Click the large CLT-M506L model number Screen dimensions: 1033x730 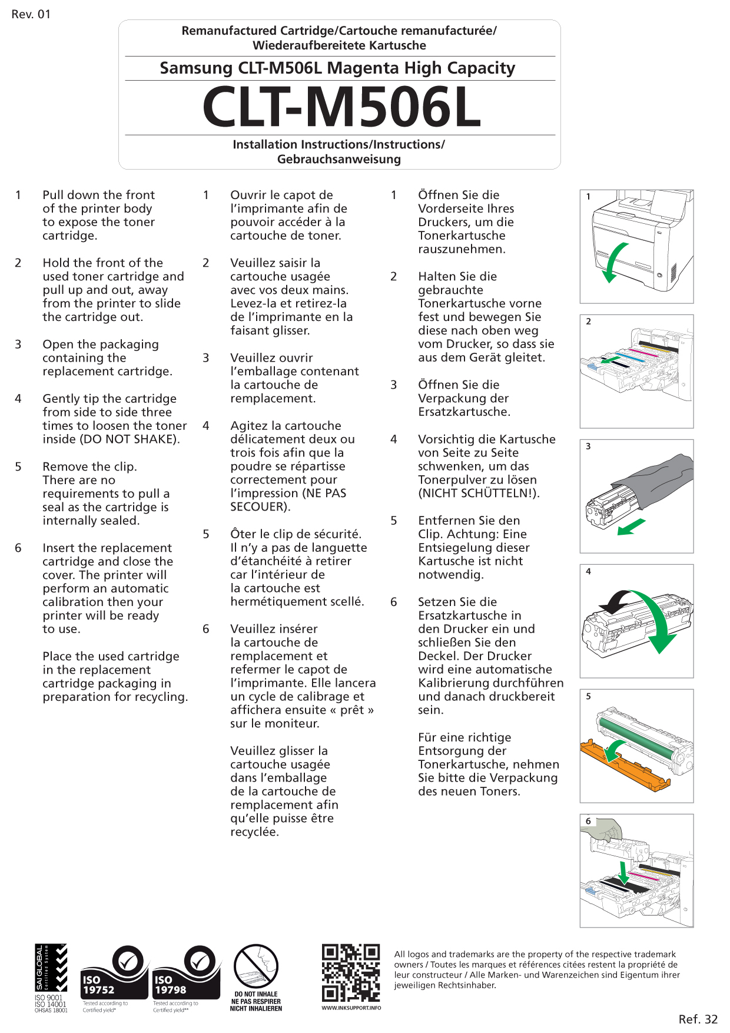(341, 108)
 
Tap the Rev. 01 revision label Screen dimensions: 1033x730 (31, 14)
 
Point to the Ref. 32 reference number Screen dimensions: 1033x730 (698, 1019)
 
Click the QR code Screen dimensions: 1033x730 (351, 972)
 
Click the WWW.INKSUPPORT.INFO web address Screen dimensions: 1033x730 (351, 1008)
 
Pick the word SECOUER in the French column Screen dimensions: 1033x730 (256, 507)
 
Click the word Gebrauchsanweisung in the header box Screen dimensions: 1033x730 (339, 160)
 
